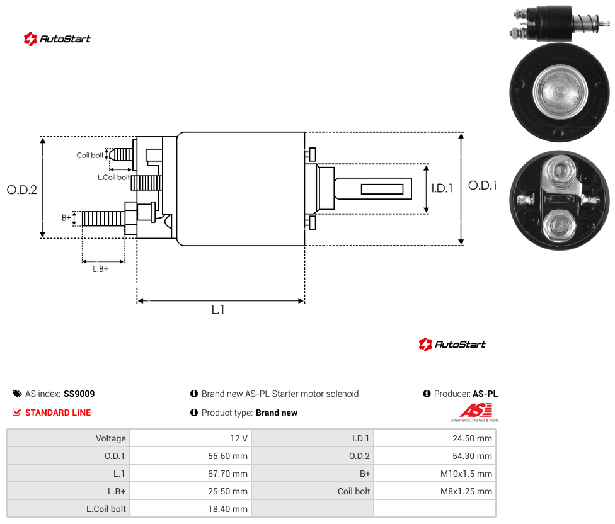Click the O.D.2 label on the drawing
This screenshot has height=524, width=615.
pyautogui.click(x=22, y=190)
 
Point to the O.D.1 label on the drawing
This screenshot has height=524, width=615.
pyautogui.click(x=483, y=185)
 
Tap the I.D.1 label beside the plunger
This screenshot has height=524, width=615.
pyautogui.click(x=442, y=188)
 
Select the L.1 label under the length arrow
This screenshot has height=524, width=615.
pyautogui.click(x=218, y=310)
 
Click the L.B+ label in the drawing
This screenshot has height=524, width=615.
pyautogui.click(x=101, y=269)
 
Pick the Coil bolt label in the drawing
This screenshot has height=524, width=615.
pyautogui.click(x=90, y=155)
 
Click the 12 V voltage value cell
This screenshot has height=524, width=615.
pyautogui.click(x=239, y=438)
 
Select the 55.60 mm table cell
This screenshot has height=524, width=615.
pyautogui.click(x=227, y=456)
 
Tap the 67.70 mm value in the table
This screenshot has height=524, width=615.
pyautogui.click(x=227, y=474)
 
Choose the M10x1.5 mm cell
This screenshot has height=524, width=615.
pyautogui.click(x=466, y=474)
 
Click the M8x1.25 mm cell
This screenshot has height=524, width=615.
pyautogui.click(x=466, y=491)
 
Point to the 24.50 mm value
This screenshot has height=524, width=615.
pyautogui.click(x=472, y=438)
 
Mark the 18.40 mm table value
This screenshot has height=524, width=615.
pyautogui.click(x=227, y=509)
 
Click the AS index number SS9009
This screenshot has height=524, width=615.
pyautogui.click(x=79, y=394)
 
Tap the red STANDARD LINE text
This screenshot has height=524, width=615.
pyautogui.click(x=58, y=413)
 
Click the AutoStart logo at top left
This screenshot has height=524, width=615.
pyautogui.click(x=57, y=39)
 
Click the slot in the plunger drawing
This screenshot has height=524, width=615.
pyautogui.click(x=382, y=190)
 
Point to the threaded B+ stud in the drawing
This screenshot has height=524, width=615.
pyautogui.click(x=103, y=219)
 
